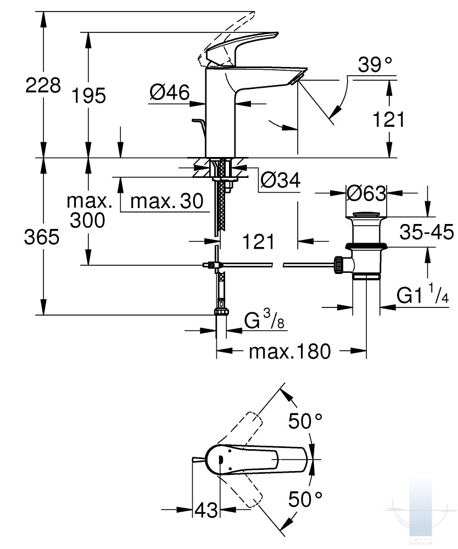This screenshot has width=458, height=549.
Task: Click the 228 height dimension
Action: [43, 85]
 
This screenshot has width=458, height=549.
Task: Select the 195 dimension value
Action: [88, 96]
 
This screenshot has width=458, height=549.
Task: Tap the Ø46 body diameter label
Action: [170, 92]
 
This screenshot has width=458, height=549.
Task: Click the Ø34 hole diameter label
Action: [281, 181]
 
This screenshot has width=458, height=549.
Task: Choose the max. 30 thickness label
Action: [167, 201]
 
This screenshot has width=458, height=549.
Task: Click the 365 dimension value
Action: [42, 237]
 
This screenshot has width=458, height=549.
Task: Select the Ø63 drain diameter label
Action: [366, 193]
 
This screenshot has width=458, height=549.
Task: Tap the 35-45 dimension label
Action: [427, 232]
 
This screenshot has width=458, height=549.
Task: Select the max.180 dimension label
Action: [289, 351]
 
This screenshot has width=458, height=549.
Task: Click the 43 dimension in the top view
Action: [206, 510]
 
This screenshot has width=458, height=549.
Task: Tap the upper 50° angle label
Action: [305, 421]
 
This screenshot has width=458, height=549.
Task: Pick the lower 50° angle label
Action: [305, 499]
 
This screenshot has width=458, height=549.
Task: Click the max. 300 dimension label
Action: [88, 210]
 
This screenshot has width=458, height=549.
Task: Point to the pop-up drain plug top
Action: [366, 214]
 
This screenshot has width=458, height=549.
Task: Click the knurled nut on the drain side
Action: [338, 265]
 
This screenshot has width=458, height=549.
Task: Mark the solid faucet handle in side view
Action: [242, 49]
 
